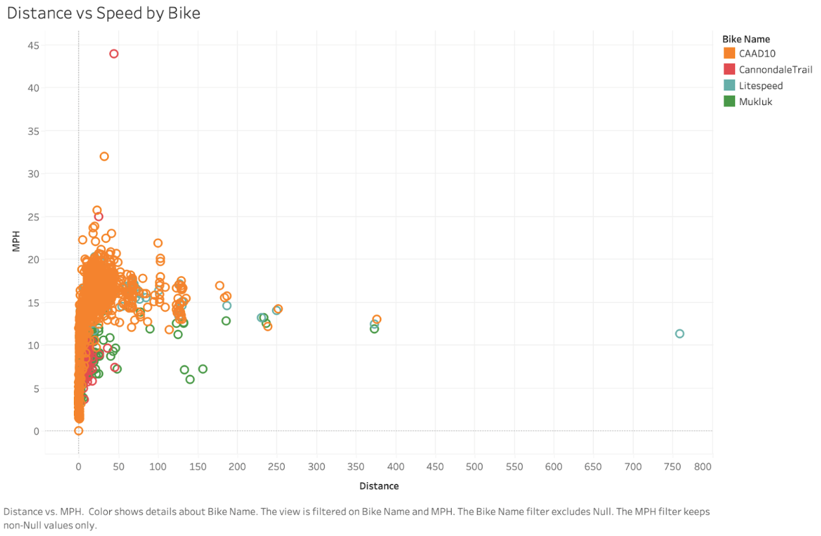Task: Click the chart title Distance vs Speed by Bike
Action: pyautogui.click(x=103, y=13)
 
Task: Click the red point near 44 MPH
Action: pyautogui.click(x=114, y=54)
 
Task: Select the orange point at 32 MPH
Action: pyautogui.click(x=104, y=156)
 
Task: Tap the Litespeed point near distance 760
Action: pyautogui.click(x=679, y=334)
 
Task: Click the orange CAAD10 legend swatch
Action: pyautogui.click(x=729, y=53)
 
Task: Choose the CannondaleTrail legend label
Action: pyautogui.click(x=775, y=69)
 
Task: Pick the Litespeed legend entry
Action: pyautogui.click(x=760, y=86)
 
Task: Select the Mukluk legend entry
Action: pyautogui.click(x=755, y=102)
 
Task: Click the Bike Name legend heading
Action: pyautogui.click(x=746, y=39)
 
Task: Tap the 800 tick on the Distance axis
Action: pyautogui.click(x=703, y=467)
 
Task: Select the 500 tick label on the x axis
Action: pyautogui.click(x=474, y=467)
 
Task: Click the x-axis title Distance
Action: pyautogui.click(x=379, y=486)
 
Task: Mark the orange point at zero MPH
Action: pyautogui.click(x=79, y=431)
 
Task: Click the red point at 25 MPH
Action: pyautogui.click(x=98, y=217)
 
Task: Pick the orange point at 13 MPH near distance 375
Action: pyautogui.click(x=377, y=320)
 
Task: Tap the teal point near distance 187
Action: pyautogui.click(x=227, y=306)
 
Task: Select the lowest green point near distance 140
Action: pyautogui.click(x=190, y=379)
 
